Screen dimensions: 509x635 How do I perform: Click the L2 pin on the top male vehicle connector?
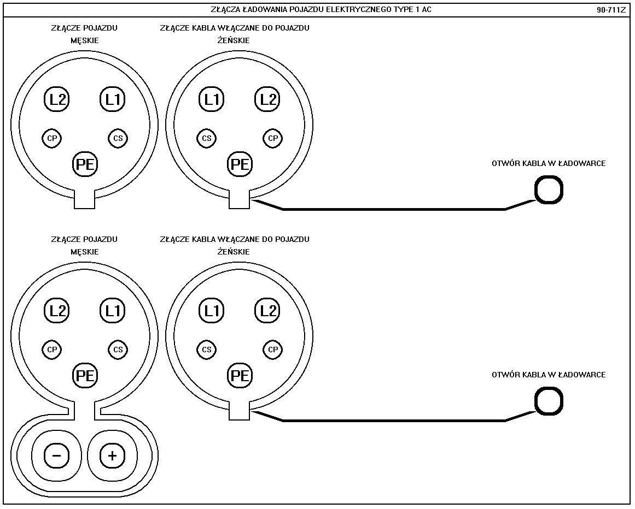[x=57, y=99]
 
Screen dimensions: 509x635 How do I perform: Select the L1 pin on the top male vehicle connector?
[x=113, y=99]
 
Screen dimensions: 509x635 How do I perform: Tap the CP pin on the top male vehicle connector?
[x=52, y=138]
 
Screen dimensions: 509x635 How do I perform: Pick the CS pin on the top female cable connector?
[x=207, y=138]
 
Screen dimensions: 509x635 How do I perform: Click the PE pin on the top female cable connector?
[x=240, y=164]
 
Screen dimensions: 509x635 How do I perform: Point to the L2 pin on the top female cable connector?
[x=267, y=99]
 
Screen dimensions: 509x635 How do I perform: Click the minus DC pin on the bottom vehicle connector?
[x=57, y=455]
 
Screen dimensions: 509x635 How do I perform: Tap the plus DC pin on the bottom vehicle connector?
[x=113, y=455]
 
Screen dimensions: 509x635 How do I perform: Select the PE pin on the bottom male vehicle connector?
[x=85, y=375]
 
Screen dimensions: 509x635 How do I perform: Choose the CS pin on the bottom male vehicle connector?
[x=118, y=350]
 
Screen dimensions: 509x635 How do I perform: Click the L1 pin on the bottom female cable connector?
[x=212, y=311]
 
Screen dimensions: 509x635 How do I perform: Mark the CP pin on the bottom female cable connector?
[x=273, y=350]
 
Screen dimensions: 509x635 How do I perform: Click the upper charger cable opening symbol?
[x=548, y=190]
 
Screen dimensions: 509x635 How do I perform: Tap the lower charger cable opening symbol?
[x=548, y=401]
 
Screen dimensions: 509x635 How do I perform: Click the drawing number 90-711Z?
[x=611, y=10]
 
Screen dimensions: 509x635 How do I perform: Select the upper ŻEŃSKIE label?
[x=234, y=40]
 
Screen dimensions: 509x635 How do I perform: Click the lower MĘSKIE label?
[x=84, y=252]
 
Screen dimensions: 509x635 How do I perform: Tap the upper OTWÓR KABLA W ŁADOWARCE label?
[x=548, y=163]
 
